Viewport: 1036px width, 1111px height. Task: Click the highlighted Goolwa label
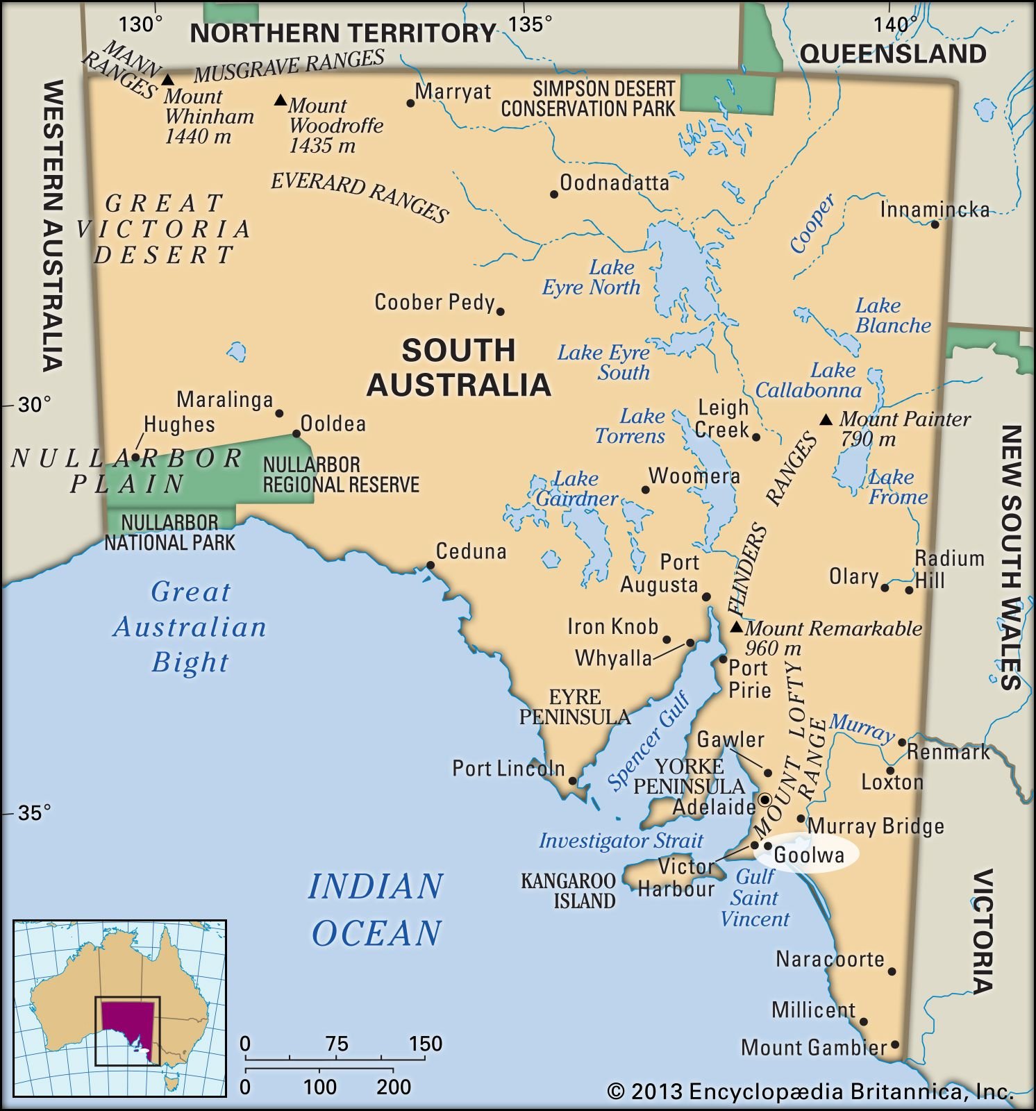[x=808, y=855]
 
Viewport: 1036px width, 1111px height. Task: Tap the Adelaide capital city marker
[x=765, y=799]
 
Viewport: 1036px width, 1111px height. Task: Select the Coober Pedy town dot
[x=500, y=311]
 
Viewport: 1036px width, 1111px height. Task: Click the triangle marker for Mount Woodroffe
[x=280, y=101]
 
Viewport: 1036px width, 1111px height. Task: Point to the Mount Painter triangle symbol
[x=826, y=419]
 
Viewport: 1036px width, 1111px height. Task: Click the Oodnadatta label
[x=614, y=183]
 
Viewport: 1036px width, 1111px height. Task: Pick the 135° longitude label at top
[x=530, y=24]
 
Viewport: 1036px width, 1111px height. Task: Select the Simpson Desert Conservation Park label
[x=587, y=99]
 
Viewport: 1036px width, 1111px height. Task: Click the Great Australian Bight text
[x=190, y=626]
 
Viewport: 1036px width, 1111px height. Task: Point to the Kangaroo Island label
[x=568, y=891]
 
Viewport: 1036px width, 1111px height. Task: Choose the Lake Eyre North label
[x=592, y=277]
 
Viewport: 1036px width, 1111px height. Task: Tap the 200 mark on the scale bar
[x=394, y=1087]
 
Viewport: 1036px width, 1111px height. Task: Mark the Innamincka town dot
[x=935, y=224]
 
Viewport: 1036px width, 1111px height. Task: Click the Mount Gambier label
[x=813, y=1047]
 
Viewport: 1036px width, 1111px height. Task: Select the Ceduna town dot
[x=430, y=565]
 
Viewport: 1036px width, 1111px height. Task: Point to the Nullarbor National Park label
[x=169, y=532]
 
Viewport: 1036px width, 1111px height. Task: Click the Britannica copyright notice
[x=810, y=1092]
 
